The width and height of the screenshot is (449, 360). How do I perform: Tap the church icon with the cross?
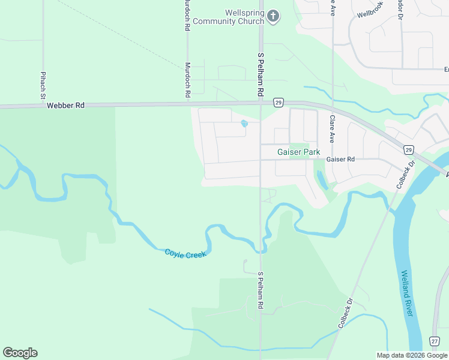273,16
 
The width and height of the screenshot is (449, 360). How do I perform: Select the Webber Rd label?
66,106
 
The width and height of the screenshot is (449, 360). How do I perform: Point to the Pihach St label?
43,85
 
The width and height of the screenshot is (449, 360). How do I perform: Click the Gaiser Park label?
298,152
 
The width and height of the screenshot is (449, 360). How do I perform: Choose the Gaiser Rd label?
341,160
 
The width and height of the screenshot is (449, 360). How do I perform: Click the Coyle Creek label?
185,254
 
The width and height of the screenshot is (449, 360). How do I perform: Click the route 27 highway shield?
435,341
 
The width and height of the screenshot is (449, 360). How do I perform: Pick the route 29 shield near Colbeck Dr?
408,149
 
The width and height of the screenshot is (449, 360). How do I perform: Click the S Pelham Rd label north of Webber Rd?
261,76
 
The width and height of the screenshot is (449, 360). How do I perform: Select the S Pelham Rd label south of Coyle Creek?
261,290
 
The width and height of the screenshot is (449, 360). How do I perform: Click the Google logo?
20,353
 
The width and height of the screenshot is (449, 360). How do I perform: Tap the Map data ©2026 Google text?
411,355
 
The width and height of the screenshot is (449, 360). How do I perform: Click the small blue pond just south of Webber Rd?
244,124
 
